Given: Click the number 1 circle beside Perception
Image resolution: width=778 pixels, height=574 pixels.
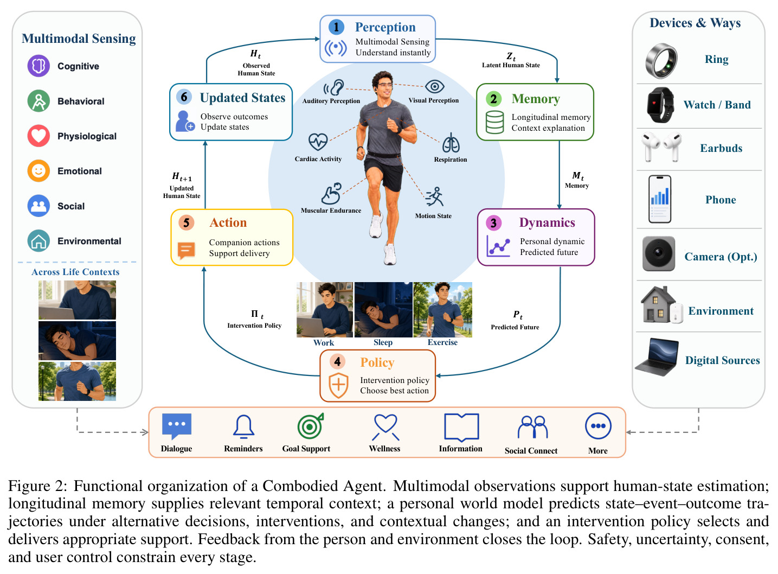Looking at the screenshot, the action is [336, 27].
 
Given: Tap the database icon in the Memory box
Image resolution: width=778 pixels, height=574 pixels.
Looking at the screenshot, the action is [494, 122].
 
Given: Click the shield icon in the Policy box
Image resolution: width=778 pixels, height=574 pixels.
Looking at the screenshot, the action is [338, 385].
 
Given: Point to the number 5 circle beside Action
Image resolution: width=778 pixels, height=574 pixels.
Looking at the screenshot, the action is [186, 223].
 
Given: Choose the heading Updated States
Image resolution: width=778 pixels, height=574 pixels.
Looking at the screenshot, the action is [242, 98].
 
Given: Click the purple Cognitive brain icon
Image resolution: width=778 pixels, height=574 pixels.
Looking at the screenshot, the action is [38, 66].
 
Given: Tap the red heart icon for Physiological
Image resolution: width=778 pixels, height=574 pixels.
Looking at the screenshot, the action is [38, 136].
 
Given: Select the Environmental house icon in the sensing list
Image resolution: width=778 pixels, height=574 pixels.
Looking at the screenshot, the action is [38, 241].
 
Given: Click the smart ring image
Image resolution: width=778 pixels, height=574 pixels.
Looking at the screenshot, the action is [660, 61].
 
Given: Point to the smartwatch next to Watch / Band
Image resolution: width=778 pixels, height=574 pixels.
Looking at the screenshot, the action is [660, 105].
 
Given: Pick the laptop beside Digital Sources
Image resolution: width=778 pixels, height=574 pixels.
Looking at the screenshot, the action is [657, 357].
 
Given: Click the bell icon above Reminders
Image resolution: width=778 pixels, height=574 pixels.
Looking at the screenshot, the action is [243, 426].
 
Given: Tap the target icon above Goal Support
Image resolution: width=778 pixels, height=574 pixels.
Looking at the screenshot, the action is [310, 426].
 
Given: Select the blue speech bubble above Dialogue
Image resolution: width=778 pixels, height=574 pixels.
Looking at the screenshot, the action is [176, 426].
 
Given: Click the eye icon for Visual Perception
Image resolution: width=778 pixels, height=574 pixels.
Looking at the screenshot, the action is [434, 86].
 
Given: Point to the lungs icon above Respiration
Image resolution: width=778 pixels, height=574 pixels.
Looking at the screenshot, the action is [451, 143].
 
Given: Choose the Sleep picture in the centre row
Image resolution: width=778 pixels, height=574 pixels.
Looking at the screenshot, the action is [383, 310].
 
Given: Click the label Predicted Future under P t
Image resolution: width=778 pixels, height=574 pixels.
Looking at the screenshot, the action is [515, 327].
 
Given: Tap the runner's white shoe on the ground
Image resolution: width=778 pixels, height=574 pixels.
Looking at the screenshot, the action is [390, 254].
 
